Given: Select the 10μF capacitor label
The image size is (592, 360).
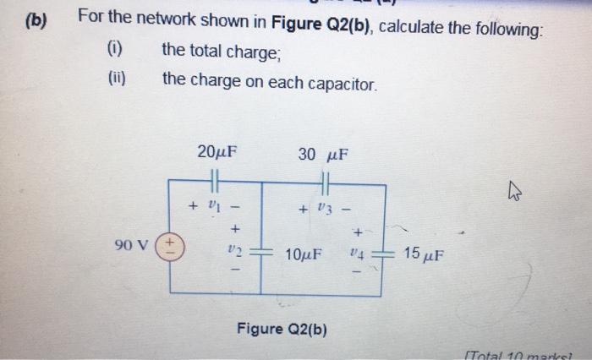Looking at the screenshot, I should [304, 253].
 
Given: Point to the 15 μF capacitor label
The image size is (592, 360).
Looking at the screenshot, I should [425, 253].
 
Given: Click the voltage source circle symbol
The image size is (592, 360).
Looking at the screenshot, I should [170, 245].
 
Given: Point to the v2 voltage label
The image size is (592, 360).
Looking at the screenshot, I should [235, 250].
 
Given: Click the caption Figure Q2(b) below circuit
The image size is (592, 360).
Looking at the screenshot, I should [282, 328].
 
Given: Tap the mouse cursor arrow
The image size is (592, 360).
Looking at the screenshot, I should [516, 194].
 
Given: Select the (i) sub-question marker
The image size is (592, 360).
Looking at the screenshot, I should [114, 51].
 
